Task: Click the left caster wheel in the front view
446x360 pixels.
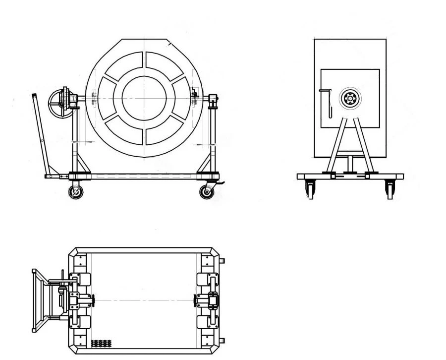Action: [x=75, y=192]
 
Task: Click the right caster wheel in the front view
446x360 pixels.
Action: [x=207, y=191]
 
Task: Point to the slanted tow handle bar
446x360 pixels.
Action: [x=41, y=134]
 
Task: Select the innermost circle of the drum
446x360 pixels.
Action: [x=144, y=97]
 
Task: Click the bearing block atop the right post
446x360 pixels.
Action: [x=213, y=100]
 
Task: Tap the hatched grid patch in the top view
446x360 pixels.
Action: [x=101, y=343]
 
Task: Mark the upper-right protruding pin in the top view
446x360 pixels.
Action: [x=222, y=260]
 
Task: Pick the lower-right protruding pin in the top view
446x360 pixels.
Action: [x=222, y=341]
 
